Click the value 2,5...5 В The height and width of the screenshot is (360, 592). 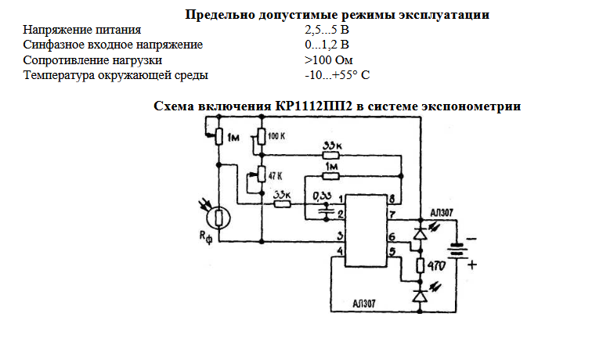click(327, 31)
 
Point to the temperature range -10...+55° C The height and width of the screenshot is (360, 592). click(337, 75)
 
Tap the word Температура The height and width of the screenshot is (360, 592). click(58, 75)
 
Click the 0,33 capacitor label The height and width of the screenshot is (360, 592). click(321, 195)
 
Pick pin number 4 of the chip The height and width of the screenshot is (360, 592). click(339, 252)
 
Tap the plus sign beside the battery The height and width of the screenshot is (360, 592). click(471, 265)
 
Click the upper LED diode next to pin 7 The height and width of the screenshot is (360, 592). click(421, 233)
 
